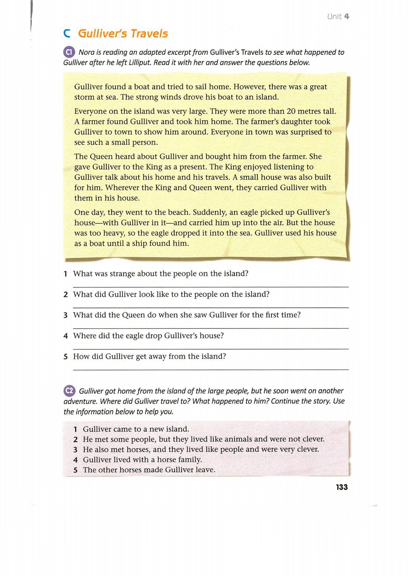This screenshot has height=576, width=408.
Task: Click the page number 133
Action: coord(342,487)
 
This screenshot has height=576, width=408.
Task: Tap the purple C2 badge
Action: coord(69,391)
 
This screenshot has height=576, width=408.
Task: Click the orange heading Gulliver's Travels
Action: coord(123,34)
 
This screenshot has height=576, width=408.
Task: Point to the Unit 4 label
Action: coord(338,16)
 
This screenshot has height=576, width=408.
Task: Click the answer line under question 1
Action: coord(211,287)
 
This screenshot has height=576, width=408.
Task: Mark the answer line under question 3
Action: coord(211,328)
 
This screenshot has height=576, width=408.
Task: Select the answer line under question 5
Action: coord(211,369)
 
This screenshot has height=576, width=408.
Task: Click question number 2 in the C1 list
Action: coord(66,294)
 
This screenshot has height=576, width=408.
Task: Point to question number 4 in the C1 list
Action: coord(66,336)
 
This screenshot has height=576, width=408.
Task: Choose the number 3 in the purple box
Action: coord(76,449)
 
